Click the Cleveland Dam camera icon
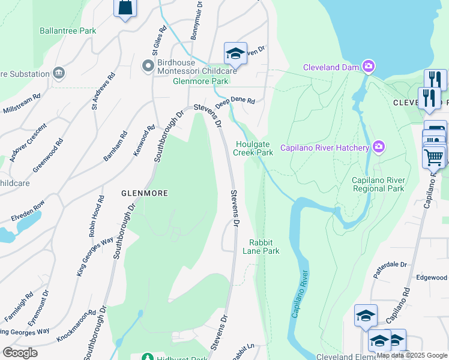(x=368, y=67)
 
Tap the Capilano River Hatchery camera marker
(x=378, y=146)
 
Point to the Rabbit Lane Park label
(x=264, y=247)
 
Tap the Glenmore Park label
(x=200, y=81)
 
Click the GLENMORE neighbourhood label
(x=144, y=193)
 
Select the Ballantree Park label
(x=68, y=31)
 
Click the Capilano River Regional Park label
(x=378, y=184)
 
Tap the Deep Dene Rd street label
(x=236, y=102)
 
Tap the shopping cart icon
(x=434, y=157)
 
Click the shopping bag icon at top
(x=125, y=8)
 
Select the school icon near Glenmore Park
(x=235, y=53)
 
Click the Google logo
(x=20, y=353)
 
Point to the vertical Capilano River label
(x=300, y=294)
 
